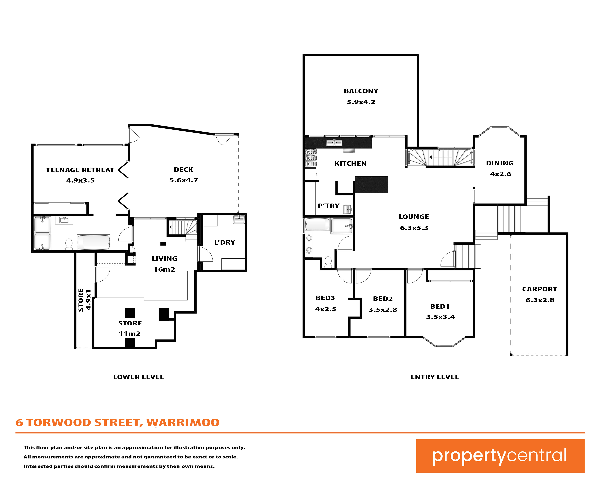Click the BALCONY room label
click(361, 91)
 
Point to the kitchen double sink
click(334, 143)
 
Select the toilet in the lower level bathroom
click(69, 244)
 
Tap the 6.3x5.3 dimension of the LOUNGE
click(414, 228)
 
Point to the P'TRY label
click(329, 206)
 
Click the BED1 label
click(440, 306)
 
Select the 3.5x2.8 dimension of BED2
click(383, 310)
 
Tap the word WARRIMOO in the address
click(183, 422)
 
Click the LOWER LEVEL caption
click(139, 377)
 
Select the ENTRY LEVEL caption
click(435, 377)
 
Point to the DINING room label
click(500, 163)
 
